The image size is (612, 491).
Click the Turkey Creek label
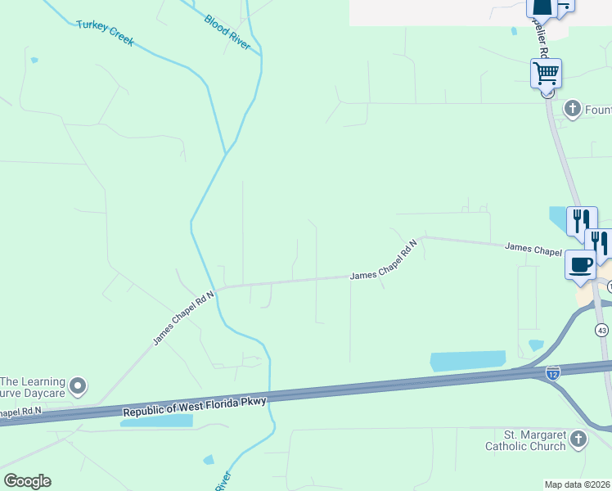click(105, 32)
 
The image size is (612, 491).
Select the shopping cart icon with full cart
click(546, 74)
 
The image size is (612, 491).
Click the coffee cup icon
click(581, 265)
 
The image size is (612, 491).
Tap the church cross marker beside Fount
click(572, 108)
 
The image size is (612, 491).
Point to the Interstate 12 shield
click(553, 372)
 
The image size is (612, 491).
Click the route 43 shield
click(602, 330)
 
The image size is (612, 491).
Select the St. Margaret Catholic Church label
click(524, 440)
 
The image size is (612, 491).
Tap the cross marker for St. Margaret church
click(578, 439)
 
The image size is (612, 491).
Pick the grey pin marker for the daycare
click(78, 385)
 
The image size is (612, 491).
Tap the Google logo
click(27, 481)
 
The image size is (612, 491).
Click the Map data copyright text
click(578, 484)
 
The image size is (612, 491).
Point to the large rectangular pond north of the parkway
click(468, 362)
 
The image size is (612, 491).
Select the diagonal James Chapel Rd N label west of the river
click(183, 317)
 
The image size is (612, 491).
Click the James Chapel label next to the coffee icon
click(532, 248)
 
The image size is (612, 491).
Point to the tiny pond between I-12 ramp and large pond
click(536, 345)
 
